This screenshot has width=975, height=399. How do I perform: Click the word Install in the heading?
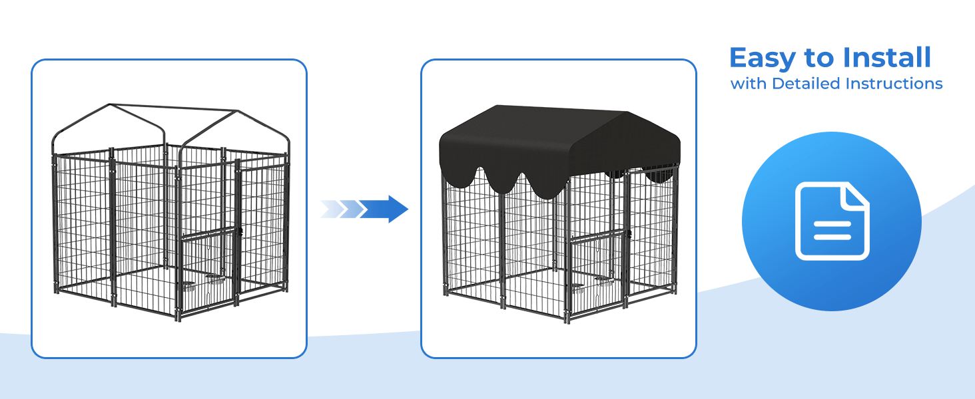886,57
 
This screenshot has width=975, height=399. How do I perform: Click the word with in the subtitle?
749,83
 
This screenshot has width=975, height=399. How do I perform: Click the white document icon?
832,221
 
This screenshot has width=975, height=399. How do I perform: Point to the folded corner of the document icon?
855,196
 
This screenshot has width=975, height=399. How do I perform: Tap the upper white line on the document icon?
832,224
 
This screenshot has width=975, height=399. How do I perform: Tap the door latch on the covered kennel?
628,234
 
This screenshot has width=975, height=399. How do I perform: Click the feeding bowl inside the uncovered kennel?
189,285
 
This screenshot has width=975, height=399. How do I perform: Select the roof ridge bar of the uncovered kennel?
173,107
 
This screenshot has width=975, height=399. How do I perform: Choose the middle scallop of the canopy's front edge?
502,183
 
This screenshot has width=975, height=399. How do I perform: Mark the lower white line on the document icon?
832,237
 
